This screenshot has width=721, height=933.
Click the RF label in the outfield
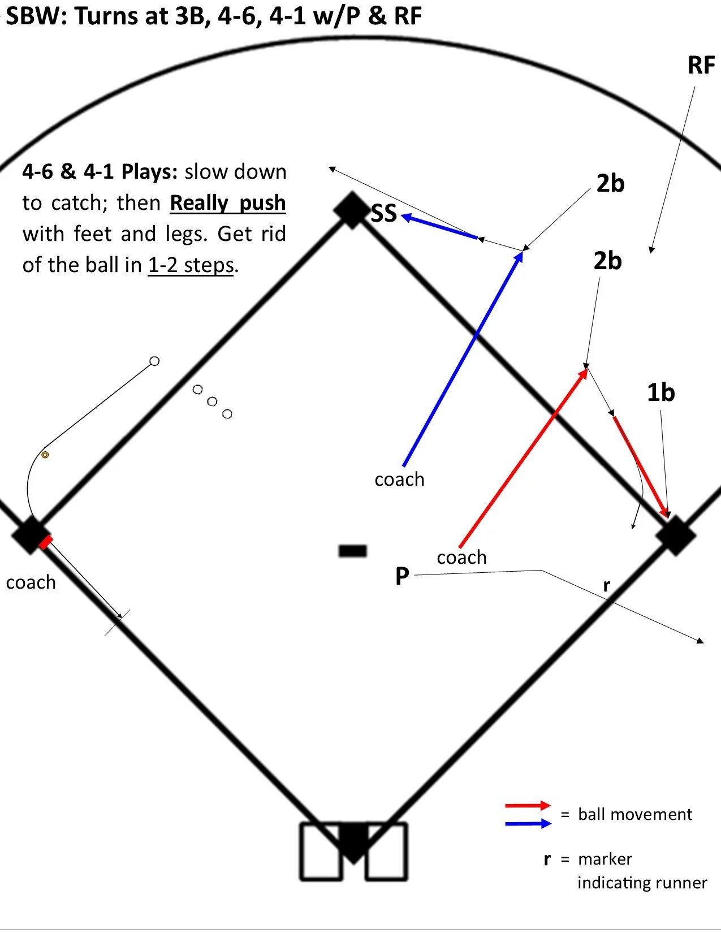click(701, 66)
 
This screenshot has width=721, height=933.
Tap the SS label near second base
click(384, 214)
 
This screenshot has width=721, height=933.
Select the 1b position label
click(660, 392)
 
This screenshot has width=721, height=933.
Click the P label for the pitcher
click(402, 576)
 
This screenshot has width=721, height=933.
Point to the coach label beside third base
click(31, 582)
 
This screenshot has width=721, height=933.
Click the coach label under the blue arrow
click(399, 480)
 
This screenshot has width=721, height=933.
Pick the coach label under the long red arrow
click(461, 558)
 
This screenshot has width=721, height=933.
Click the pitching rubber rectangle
click(352, 550)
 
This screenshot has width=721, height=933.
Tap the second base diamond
click(352, 210)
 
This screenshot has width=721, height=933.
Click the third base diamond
click(29, 535)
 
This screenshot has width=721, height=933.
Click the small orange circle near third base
click(45, 454)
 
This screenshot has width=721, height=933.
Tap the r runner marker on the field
click(606, 586)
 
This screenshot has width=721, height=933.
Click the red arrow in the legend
click(528, 805)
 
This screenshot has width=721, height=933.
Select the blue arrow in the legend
click(528, 823)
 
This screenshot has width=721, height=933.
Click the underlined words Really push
click(227, 203)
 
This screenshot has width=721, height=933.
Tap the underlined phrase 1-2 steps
click(191, 265)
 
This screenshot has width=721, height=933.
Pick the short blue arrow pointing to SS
click(439, 227)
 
